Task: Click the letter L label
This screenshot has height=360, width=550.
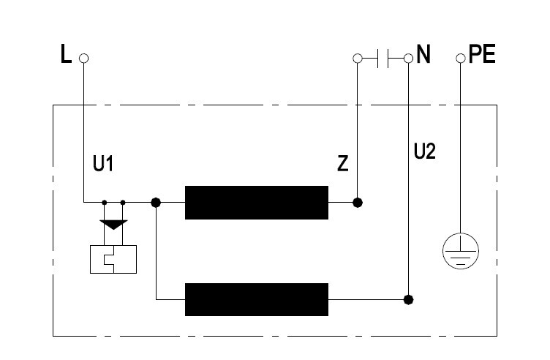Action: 66,54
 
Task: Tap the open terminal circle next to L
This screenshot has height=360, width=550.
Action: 83,59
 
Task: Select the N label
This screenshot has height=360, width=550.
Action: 423,54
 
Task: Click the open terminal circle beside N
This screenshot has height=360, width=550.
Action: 408,59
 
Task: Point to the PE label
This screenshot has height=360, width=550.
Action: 482,54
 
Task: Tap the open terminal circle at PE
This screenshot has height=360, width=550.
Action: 461,59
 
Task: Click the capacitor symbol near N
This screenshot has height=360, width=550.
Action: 383,59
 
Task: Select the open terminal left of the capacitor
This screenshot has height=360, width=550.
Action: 358,59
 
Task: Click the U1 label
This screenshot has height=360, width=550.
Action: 103,163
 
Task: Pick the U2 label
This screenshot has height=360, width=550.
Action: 425,151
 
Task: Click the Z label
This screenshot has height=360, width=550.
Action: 343,163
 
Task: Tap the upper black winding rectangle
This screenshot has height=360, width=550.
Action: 257,203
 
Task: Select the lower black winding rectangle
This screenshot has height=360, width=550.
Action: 257,300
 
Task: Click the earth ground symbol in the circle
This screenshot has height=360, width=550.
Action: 461,251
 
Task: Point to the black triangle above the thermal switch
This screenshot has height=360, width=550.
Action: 113,225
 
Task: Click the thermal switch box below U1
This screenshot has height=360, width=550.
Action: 113,259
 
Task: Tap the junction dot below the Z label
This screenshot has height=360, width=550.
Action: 358,203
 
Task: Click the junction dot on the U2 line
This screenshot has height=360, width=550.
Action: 408,300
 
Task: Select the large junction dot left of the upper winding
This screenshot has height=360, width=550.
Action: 156,203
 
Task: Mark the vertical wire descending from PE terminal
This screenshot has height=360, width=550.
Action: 461,148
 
